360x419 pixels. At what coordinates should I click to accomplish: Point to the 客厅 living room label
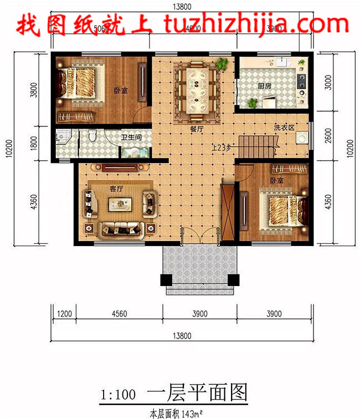coord(116,189)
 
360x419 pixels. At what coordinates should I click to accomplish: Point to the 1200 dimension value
coord(65,314)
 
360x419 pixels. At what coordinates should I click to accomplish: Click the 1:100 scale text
coord(118,395)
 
